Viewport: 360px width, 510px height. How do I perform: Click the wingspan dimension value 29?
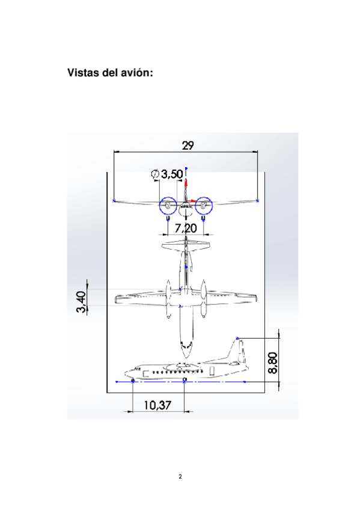pyautogui.click(x=188, y=146)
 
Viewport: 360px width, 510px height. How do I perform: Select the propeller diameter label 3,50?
pyautogui.click(x=172, y=174)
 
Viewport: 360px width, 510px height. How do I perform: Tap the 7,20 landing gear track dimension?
pyautogui.click(x=186, y=229)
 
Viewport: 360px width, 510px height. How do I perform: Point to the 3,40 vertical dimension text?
pyautogui.click(x=82, y=301)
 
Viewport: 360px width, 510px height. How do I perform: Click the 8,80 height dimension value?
pyautogui.click(x=273, y=363)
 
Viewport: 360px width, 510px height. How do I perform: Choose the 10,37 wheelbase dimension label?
pyautogui.click(x=157, y=405)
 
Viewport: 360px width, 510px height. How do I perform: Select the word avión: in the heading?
pyautogui.click(x=137, y=73)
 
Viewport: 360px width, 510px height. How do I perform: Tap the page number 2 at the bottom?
pyautogui.click(x=180, y=476)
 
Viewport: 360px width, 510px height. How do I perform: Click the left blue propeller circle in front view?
pyautogui.click(x=159, y=206)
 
